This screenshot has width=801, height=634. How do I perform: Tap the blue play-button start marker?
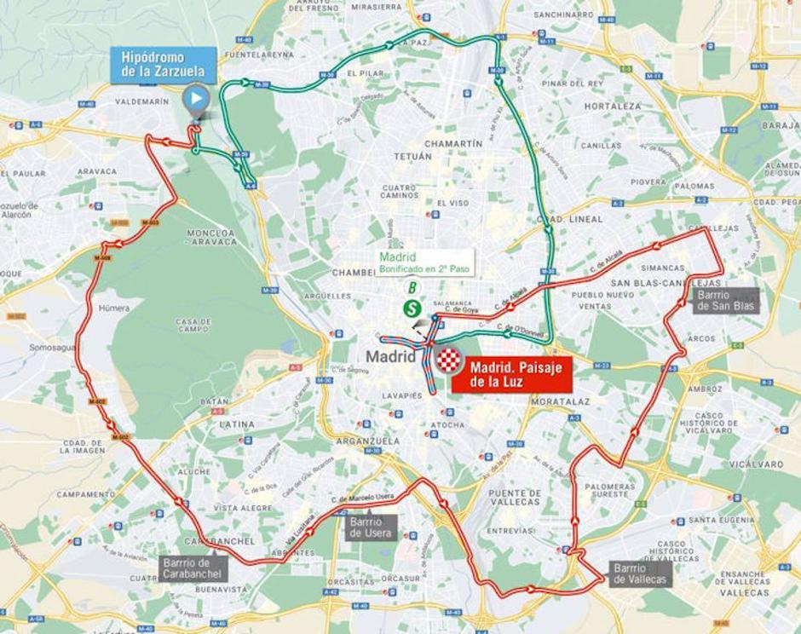[x=196, y=98]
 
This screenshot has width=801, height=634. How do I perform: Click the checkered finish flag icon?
[x=449, y=361]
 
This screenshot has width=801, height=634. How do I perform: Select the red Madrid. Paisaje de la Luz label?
[x=511, y=375]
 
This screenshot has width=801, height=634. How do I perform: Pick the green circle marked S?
[x=412, y=308]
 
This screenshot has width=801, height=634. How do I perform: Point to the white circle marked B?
[x=412, y=287]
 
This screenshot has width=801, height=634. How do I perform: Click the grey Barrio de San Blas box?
[x=723, y=300]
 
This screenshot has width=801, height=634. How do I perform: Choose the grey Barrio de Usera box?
[x=370, y=527]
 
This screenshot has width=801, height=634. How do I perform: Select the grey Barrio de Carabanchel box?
[x=193, y=568]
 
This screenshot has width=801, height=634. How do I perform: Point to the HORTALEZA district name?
[x=613, y=107]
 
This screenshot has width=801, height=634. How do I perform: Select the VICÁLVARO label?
[x=757, y=464]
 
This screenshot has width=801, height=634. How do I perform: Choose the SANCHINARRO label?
[x=563, y=14]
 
